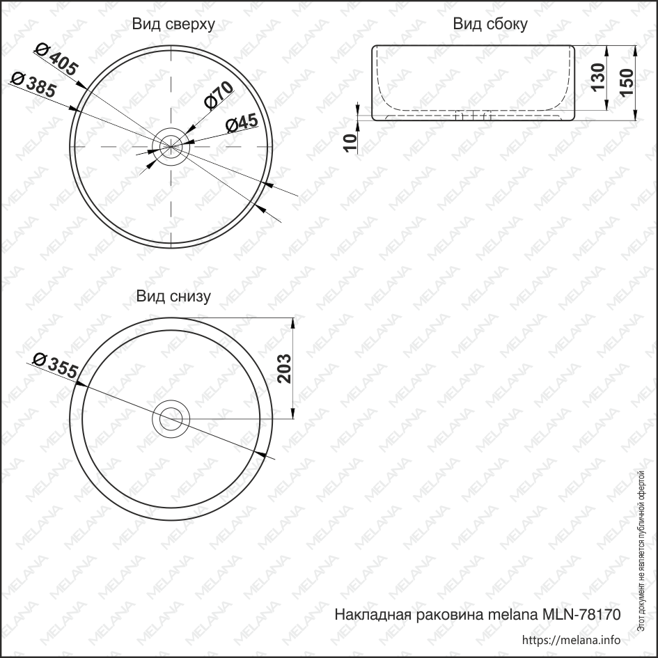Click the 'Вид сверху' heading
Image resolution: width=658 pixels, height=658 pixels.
pos(173,24)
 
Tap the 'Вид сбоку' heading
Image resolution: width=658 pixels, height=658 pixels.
pos(490,24)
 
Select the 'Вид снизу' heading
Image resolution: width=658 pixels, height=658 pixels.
pos(173,297)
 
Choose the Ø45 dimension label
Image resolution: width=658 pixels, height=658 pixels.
pos(242,123)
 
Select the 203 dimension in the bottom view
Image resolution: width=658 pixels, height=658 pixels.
pos(284,368)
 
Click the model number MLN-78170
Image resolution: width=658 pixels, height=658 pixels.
pos(578,615)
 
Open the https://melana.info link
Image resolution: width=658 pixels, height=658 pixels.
pos(571,640)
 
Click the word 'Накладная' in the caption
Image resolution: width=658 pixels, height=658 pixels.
pos(373,615)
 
